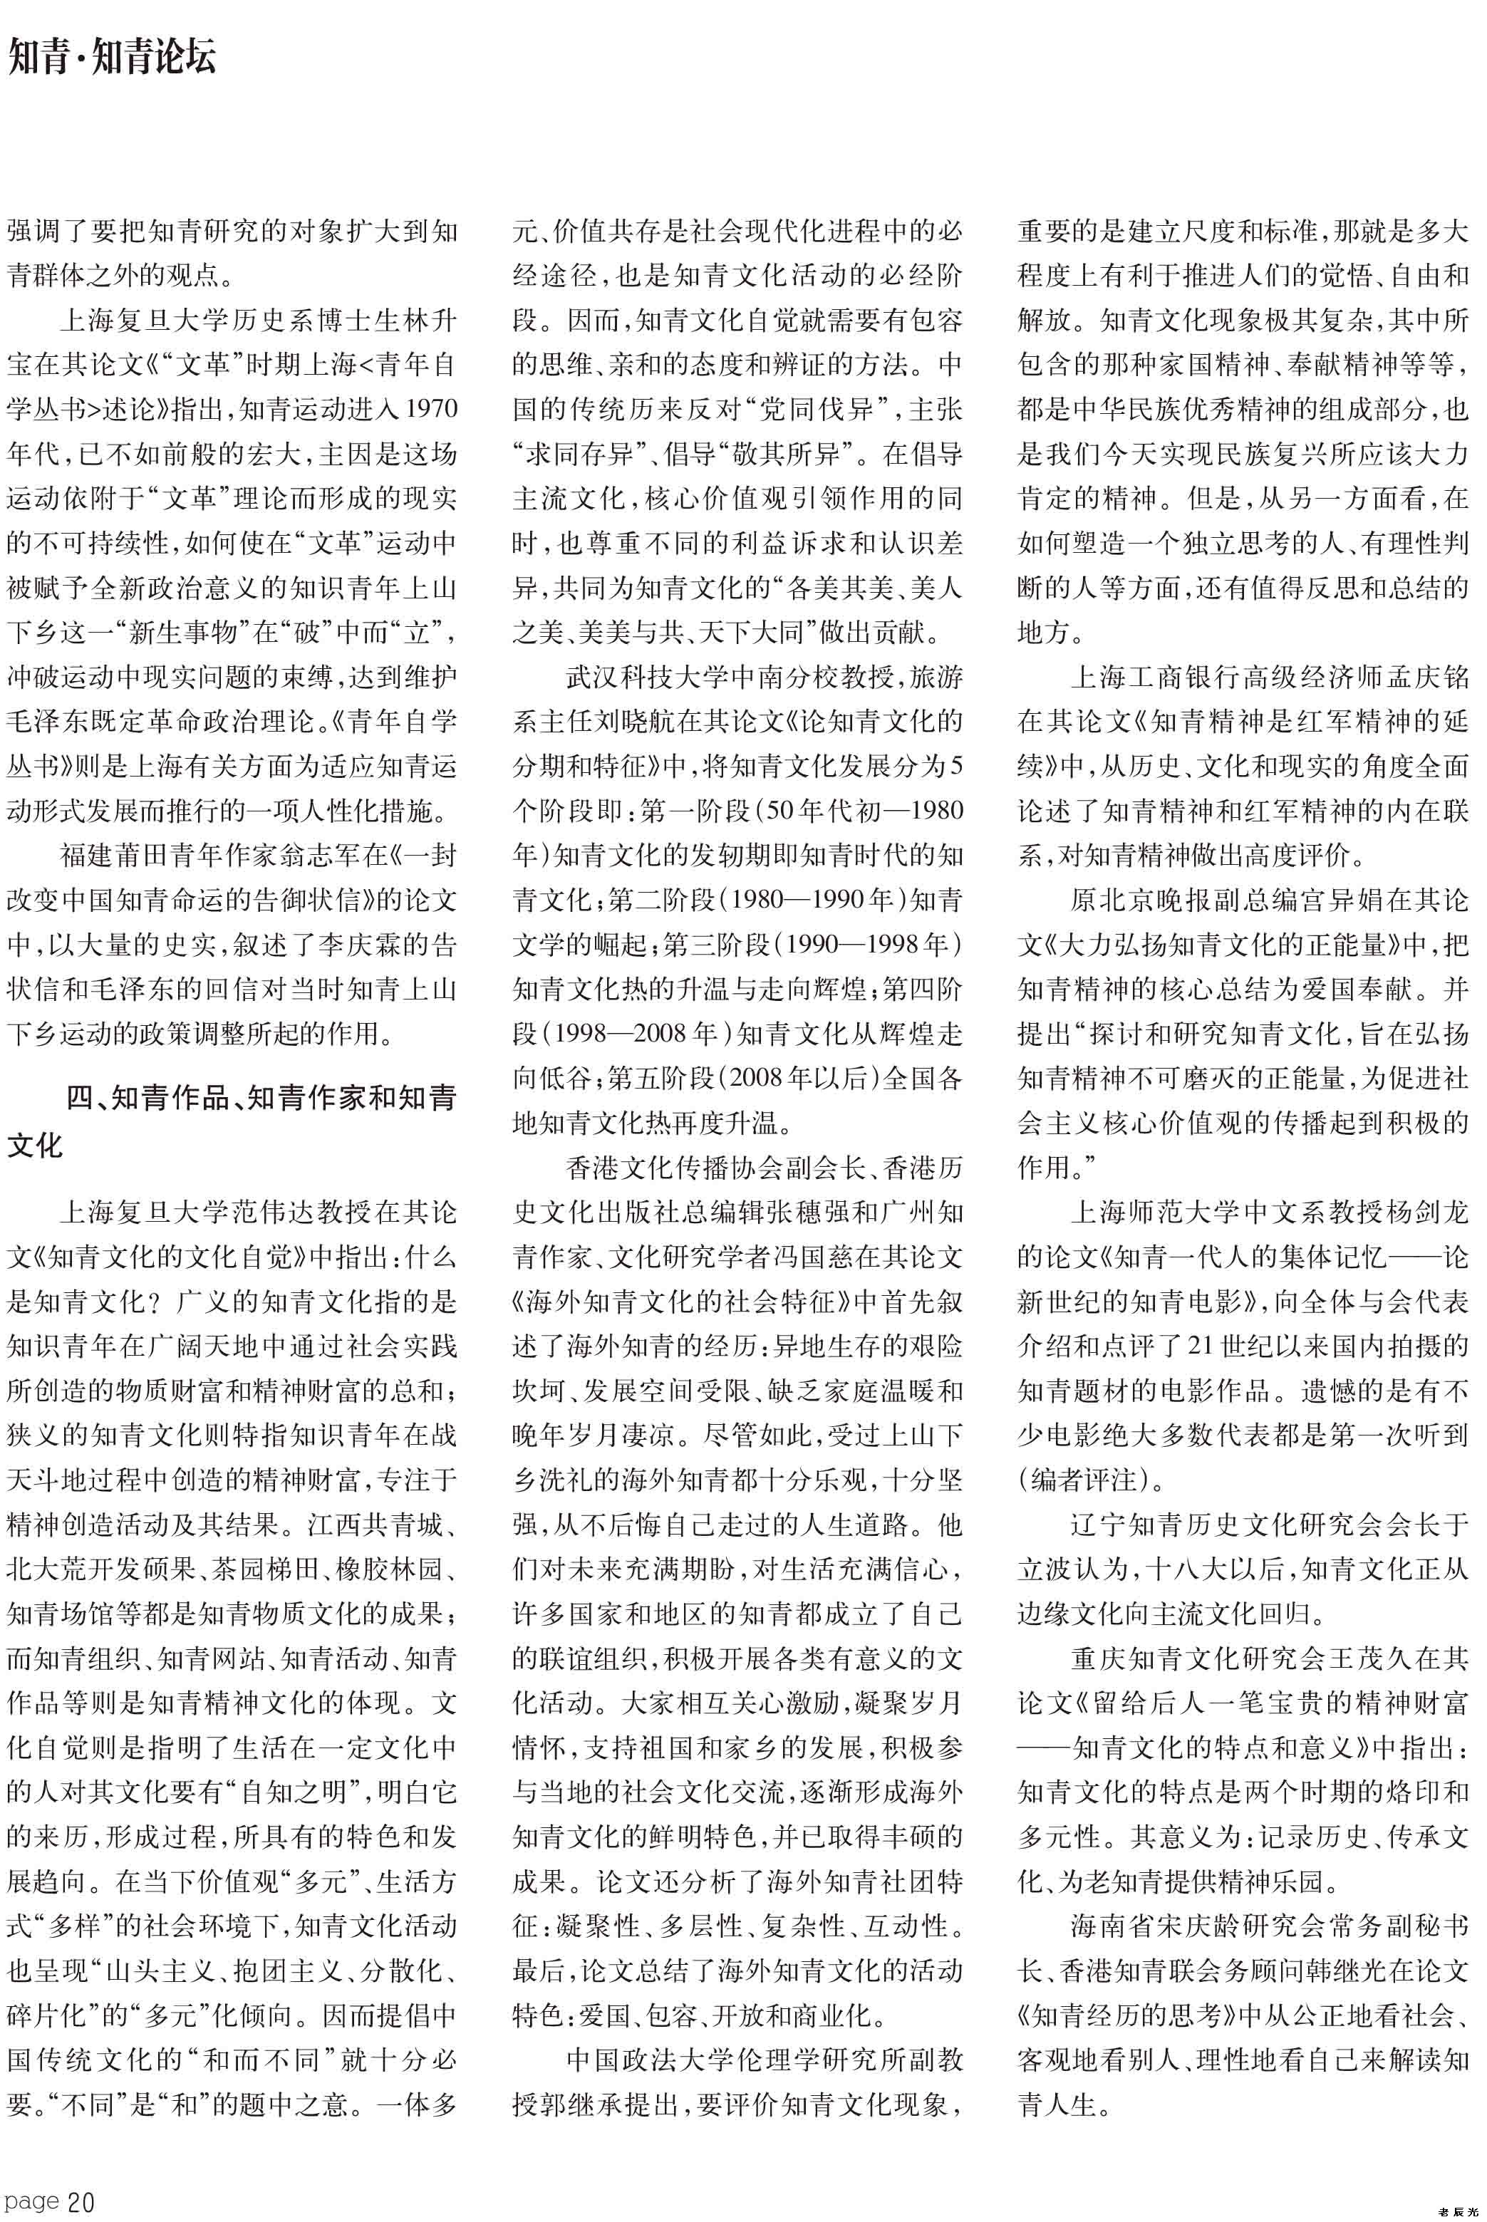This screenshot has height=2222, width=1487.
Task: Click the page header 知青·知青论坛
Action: point(112,56)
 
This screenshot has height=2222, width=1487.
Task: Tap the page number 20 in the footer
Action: point(81,2201)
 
